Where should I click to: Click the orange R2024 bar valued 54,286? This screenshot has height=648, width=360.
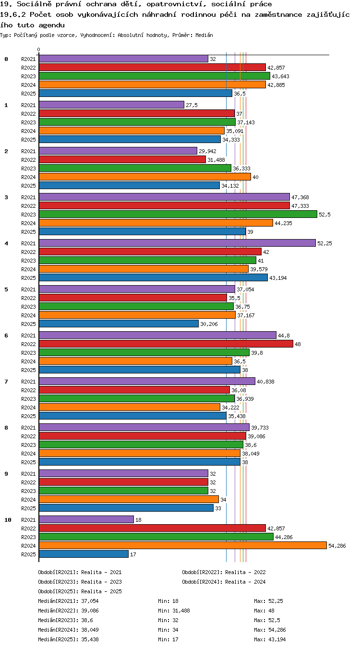[183, 545]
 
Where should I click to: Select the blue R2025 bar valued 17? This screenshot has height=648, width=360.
[84, 554]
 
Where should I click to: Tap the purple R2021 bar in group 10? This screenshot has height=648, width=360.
[86, 519]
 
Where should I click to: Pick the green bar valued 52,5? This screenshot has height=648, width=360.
[178, 215]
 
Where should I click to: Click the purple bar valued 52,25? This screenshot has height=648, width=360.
[178, 243]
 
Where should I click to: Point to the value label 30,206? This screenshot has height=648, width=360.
[209, 324]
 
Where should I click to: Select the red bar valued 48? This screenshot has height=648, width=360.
[166, 344]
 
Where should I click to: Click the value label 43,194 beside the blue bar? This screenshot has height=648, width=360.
[278, 278]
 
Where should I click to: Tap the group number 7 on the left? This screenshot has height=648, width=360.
[6, 382]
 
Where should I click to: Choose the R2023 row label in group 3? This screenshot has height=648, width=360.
[28, 215]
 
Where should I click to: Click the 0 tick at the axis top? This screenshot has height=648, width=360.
[39, 50]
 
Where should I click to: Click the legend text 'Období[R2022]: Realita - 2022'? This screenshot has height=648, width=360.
[224, 572]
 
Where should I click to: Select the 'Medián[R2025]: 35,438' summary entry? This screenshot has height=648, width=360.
[68, 639]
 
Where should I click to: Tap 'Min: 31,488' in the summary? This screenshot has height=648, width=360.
[174, 611]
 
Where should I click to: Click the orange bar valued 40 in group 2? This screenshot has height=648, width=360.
[145, 177]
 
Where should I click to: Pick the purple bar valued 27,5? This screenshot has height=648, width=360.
[111, 105]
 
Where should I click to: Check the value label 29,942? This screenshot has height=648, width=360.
[207, 151]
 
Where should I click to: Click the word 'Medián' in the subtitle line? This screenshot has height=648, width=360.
[204, 36]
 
